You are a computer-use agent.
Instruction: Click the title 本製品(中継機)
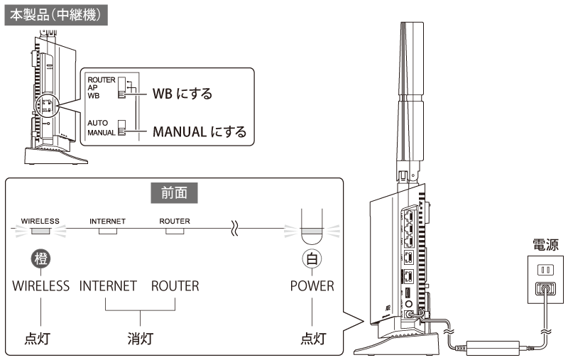(55, 14)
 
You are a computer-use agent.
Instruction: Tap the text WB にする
(182, 94)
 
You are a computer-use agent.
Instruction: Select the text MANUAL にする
(200, 131)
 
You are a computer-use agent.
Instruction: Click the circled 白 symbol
(312, 258)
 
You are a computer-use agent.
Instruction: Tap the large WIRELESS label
(41, 286)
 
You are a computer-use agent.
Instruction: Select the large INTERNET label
(108, 286)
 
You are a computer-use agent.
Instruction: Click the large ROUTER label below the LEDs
(175, 286)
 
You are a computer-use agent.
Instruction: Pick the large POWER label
(312, 286)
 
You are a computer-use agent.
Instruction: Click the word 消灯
(141, 338)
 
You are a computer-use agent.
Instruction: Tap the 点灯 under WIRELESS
(41, 338)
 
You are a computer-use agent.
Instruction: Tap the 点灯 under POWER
(312, 338)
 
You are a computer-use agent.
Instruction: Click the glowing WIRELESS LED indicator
(40, 231)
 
